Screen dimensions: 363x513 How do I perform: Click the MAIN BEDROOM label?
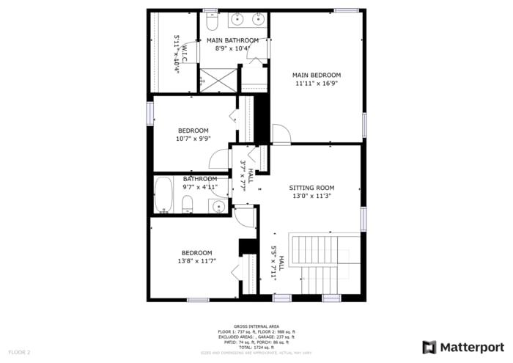click(x=317, y=75)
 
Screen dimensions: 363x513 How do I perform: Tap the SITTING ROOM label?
click(x=311, y=188)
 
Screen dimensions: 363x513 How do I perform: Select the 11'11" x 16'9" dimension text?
click(x=317, y=84)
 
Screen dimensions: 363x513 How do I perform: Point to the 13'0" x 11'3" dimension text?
click(x=311, y=196)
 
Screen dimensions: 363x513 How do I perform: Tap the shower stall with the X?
click(x=219, y=79)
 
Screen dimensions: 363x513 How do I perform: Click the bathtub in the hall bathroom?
click(x=163, y=194)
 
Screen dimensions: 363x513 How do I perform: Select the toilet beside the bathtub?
click(x=187, y=203)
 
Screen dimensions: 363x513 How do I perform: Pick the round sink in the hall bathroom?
click(x=218, y=206)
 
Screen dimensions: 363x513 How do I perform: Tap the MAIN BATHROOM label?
click(x=232, y=40)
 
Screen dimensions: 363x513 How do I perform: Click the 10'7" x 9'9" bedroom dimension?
click(x=193, y=139)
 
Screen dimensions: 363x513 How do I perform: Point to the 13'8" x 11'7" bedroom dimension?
click(x=196, y=261)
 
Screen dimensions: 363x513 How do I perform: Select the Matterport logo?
click(x=463, y=347)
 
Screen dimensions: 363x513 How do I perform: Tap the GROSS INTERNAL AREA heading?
click(x=256, y=326)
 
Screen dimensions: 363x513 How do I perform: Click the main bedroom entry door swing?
click(x=281, y=133)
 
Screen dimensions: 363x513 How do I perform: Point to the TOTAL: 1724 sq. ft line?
click(x=256, y=347)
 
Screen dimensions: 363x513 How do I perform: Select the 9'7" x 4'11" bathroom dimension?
click(x=200, y=186)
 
